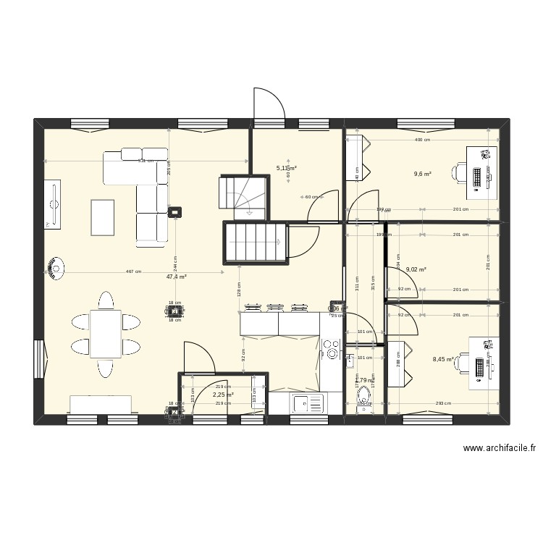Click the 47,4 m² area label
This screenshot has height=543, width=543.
click(177, 277)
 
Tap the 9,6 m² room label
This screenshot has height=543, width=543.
click(423, 174)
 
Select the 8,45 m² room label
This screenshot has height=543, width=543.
click(443, 358)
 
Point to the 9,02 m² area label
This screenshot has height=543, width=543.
click(416, 269)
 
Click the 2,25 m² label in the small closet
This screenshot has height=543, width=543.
click(223, 395)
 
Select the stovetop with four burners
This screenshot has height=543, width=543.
click(332, 350)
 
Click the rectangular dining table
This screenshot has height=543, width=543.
click(106, 334)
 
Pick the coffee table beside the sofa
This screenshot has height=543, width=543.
click(103, 216)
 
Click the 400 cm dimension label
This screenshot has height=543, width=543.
click(423, 140)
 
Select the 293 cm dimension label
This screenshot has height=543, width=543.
click(443, 404)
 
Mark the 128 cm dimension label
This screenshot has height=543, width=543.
click(238, 289)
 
